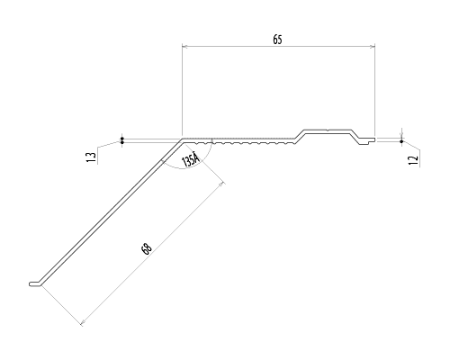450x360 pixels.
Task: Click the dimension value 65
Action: pos(277,40)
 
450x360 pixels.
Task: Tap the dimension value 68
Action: pos(147,249)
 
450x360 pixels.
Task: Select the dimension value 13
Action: pos(92,157)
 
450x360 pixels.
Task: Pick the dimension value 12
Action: pos(414,160)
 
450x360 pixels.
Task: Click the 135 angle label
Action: pos(191,160)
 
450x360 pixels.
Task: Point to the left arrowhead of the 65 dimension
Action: pos(184,46)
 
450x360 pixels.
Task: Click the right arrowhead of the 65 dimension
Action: pos(373,46)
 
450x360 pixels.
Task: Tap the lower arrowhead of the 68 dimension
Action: pos(83,322)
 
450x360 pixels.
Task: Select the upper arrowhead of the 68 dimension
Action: pos(221,184)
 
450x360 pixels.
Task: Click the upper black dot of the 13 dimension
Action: pos(122,139)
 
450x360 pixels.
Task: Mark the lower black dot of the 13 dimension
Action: pos(122,142)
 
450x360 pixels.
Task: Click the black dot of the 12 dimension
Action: pos(401,141)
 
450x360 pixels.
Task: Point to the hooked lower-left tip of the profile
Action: pos(31,283)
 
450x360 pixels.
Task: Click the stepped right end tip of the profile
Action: pos(373,139)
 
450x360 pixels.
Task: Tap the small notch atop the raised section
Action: pos(328,130)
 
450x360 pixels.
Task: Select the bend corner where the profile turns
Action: pos(183,139)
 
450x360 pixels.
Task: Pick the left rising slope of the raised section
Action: pos(300,136)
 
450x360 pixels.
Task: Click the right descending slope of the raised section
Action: pos(355,135)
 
